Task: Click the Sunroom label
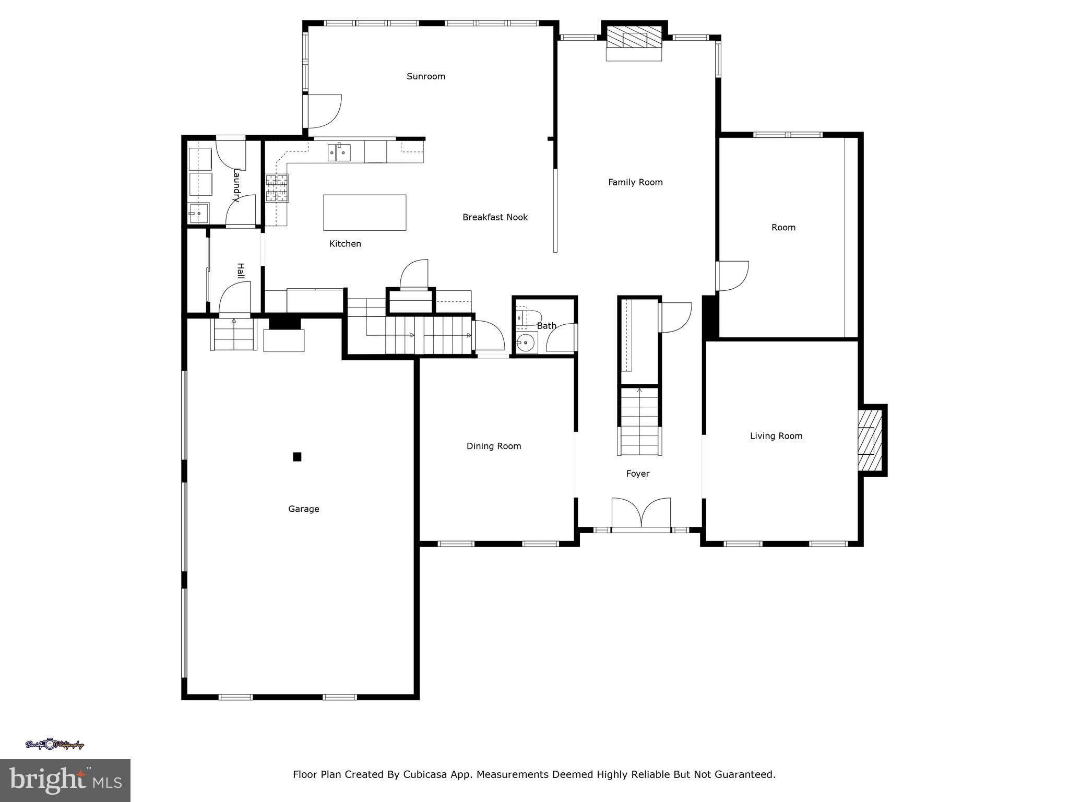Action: pos(426,76)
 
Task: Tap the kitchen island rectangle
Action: pos(364,212)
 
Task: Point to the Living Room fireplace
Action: pos(869,440)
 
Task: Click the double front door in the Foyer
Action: pos(641,514)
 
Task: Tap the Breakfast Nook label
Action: pos(495,217)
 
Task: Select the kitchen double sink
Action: pos(339,152)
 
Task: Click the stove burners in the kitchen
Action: pos(277,188)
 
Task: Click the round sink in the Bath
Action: pos(526,344)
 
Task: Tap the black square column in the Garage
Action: pos(297,457)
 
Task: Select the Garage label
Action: pos(303,509)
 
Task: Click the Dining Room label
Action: pos(493,446)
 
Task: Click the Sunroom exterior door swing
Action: pos(324,111)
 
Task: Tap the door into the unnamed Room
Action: pos(732,275)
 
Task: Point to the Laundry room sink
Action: pos(198,213)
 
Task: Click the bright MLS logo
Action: pos(65,780)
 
